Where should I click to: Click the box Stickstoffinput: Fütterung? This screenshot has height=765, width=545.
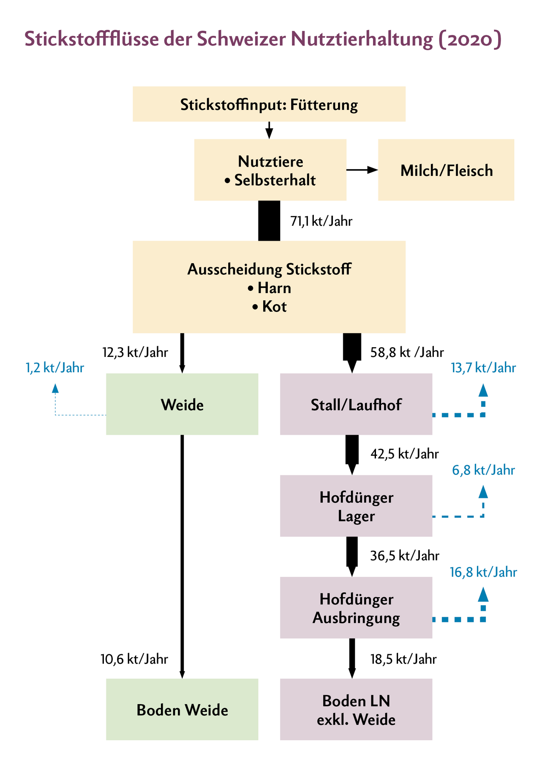[269, 104]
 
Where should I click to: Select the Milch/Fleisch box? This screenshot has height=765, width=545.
[446, 170]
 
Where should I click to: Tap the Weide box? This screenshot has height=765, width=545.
[182, 404]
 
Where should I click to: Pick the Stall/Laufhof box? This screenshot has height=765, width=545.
[356, 404]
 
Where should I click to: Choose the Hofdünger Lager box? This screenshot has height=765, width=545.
[356, 506]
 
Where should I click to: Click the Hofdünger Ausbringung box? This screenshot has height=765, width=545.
[356, 608]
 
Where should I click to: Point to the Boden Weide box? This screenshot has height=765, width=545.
[182, 710]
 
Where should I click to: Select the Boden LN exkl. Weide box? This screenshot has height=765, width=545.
[356, 710]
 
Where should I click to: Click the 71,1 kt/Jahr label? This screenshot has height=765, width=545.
[321, 221]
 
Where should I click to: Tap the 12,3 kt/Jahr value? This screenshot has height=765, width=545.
[135, 353]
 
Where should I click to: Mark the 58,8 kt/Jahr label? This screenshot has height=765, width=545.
[407, 353]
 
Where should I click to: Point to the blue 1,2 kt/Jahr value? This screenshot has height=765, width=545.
[55, 368]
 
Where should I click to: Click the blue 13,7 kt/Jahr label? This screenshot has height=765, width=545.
[483, 368]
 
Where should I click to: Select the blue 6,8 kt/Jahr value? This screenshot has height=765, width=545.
[483, 470]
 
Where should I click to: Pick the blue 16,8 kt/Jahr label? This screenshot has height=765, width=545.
[483, 572]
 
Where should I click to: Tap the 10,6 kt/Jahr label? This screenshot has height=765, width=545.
[134, 659]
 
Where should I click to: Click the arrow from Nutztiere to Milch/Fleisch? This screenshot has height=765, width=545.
[362, 170]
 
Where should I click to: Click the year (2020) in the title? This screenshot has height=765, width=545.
[470, 39]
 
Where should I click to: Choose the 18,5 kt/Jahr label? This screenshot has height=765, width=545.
[403, 659]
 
